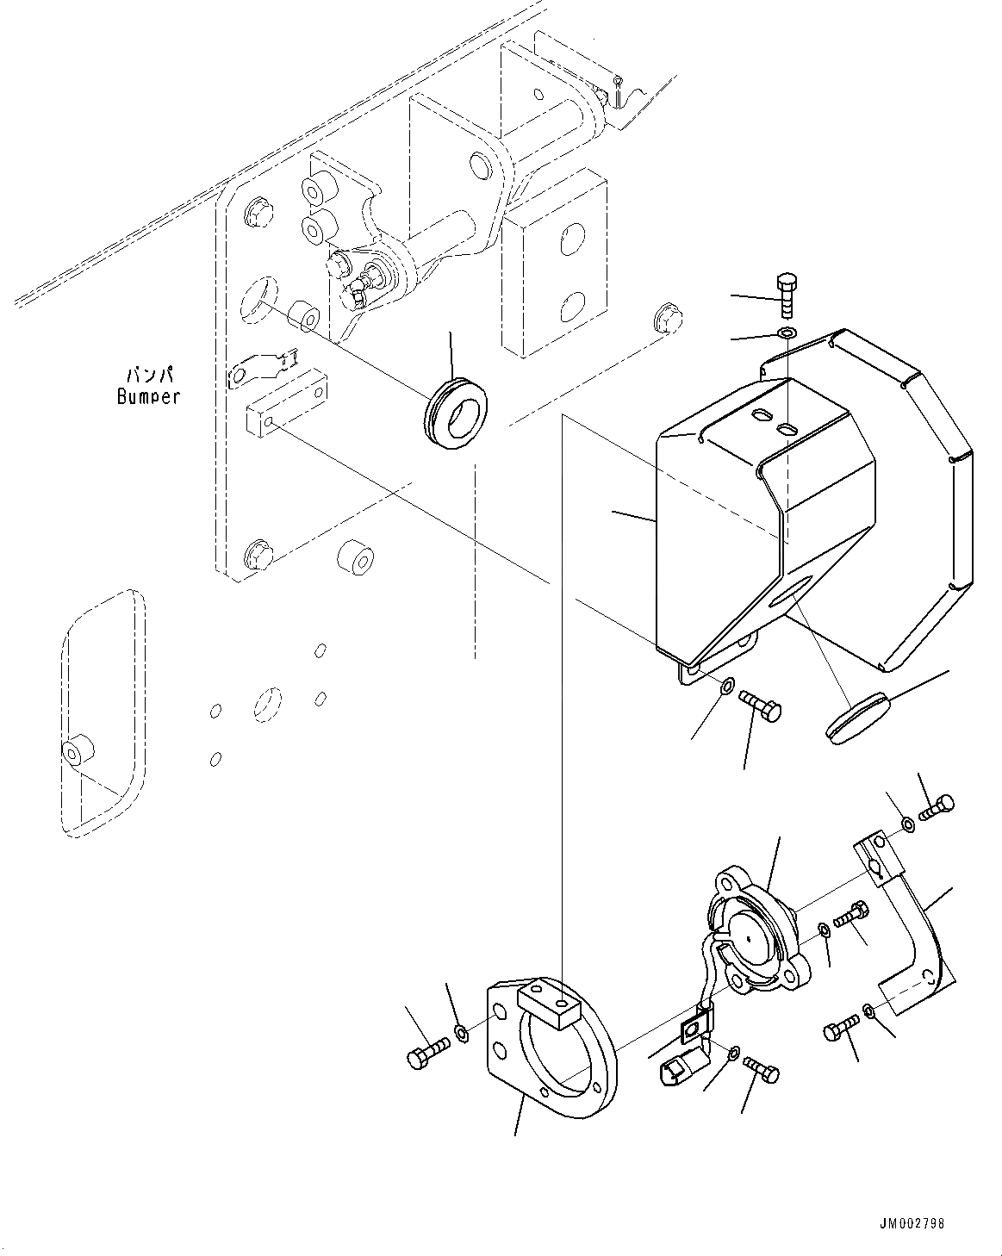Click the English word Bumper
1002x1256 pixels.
click(148, 397)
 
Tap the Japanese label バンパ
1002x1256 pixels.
click(150, 376)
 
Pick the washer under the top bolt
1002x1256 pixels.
click(787, 333)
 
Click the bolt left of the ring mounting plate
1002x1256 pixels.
click(426, 1054)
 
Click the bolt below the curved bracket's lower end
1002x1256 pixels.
click(840, 1027)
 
